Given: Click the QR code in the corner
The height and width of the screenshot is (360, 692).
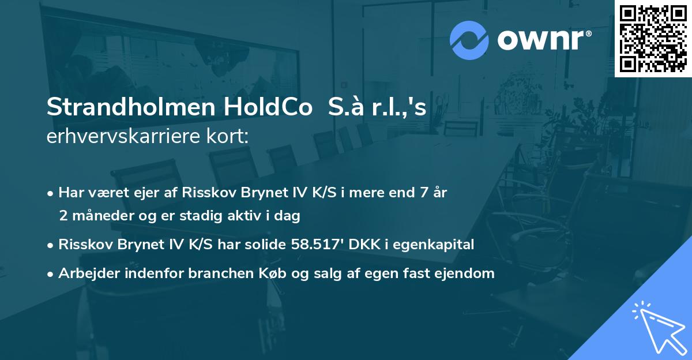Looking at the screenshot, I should (653, 38).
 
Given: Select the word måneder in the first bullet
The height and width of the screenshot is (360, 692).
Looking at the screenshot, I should (101, 216).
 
